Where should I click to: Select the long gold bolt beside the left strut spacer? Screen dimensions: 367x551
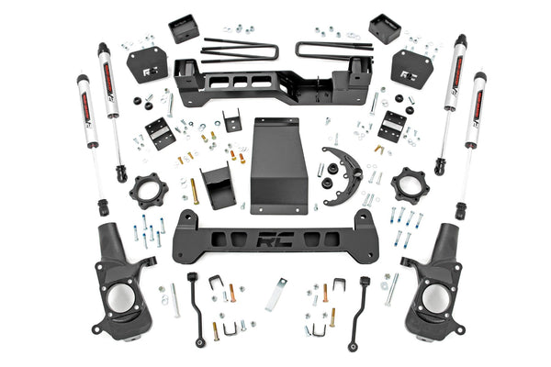click(194, 192)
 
